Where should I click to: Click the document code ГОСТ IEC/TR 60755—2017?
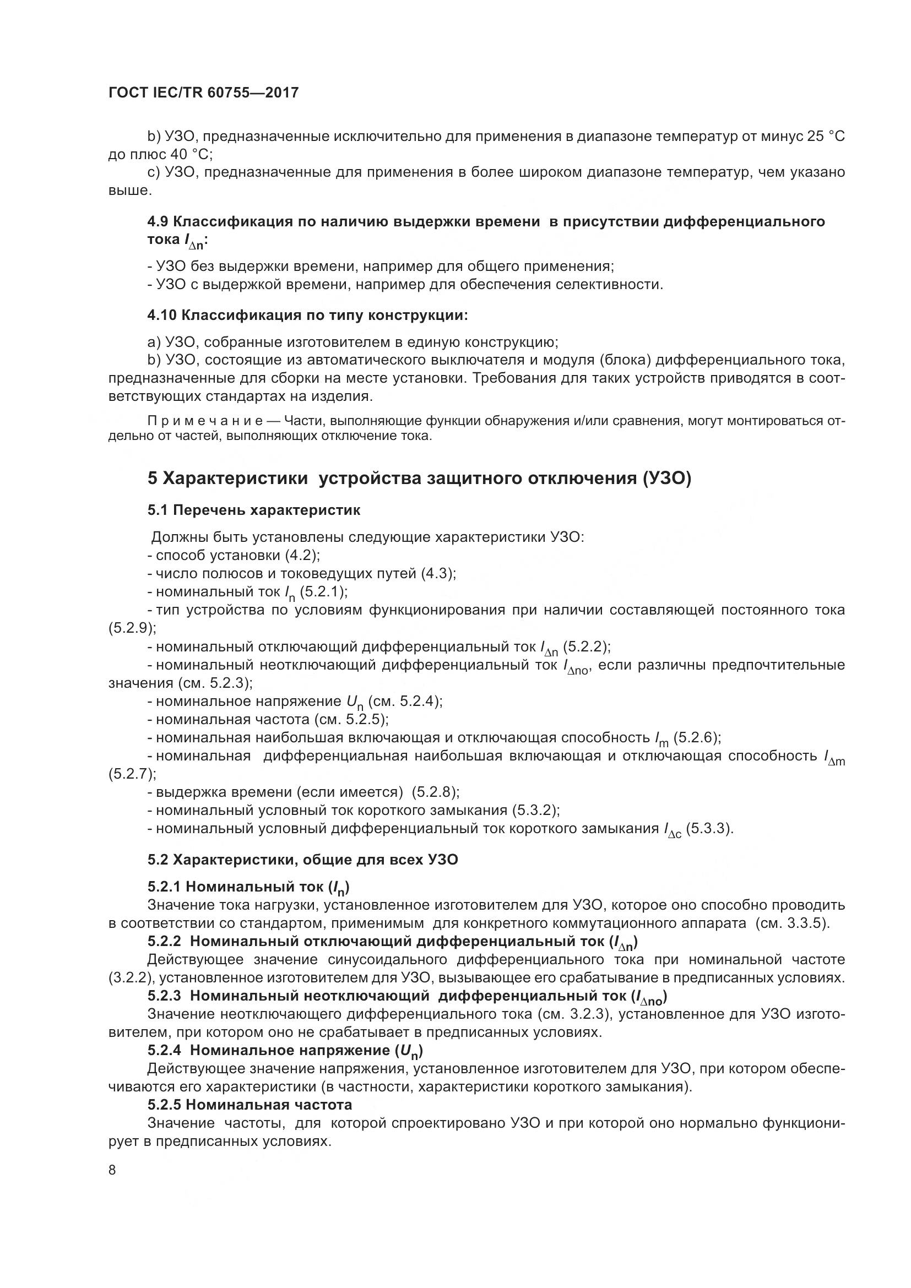(x=203, y=93)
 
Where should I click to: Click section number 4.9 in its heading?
(x=158, y=221)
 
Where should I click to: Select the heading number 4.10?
(x=162, y=316)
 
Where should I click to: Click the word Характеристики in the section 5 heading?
(x=236, y=479)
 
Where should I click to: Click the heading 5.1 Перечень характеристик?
(x=253, y=510)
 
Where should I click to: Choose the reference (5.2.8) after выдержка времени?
(x=435, y=792)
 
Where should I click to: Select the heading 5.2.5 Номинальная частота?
(x=250, y=1105)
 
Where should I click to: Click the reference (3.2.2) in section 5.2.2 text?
(x=131, y=978)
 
